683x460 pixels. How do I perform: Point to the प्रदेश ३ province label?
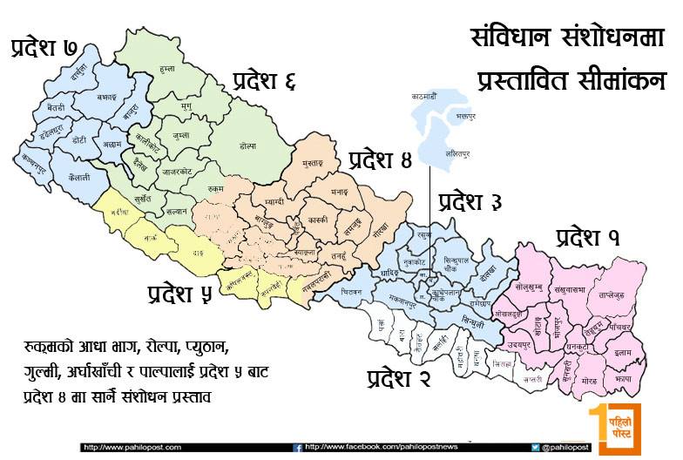coord(470,202)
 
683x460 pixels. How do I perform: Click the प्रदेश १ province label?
coord(588,236)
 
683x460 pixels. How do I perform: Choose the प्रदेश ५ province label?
coord(179,293)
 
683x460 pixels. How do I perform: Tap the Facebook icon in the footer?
coord(298,447)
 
